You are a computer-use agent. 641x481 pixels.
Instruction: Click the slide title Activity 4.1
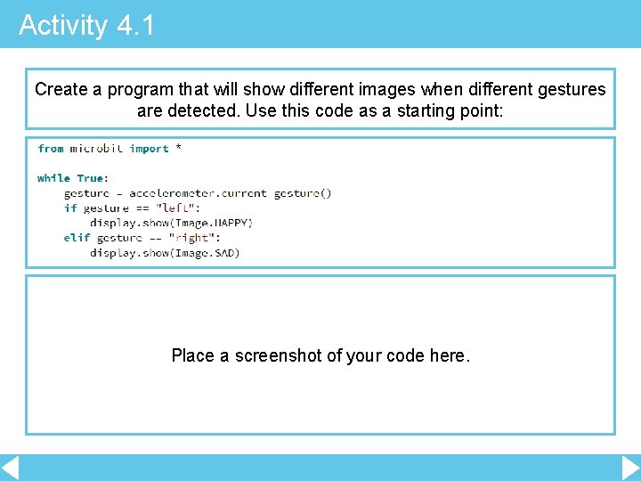(x=86, y=25)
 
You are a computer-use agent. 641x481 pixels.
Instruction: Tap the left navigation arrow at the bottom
(x=10, y=468)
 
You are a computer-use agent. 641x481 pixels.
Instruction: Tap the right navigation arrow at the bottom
(x=630, y=468)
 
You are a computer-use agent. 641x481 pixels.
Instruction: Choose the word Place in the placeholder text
(x=192, y=355)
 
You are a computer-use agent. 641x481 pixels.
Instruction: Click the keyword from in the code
(x=51, y=149)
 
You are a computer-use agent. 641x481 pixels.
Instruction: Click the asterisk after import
(x=178, y=149)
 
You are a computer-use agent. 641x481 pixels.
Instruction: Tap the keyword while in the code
(x=53, y=178)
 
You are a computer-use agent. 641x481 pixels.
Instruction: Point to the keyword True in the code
(x=90, y=178)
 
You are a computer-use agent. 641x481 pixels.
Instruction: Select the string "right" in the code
(x=192, y=238)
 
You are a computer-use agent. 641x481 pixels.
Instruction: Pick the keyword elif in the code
(x=77, y=238)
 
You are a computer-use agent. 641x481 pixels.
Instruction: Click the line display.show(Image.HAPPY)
(x=171, y=223)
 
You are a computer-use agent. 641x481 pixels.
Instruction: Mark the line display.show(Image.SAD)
(x=165, y=252)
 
